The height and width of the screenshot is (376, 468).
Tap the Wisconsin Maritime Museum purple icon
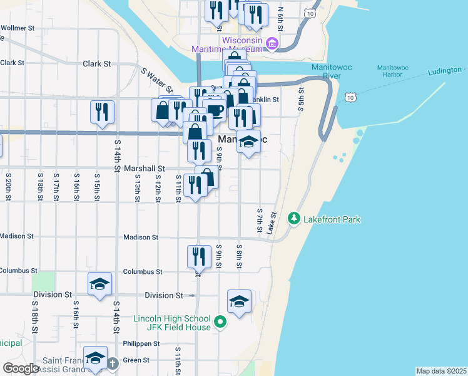click(272, 44)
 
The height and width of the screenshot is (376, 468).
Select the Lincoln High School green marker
click(220, 322)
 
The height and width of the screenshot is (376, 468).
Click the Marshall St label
click(144, 168)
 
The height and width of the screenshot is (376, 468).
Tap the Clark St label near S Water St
click(96, 63)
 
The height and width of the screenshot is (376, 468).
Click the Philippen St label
click(141, 343)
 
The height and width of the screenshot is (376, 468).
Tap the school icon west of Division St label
click(100, 284)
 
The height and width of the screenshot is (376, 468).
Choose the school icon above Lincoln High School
click(239, 301)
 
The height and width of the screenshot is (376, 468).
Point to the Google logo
click(21, 368)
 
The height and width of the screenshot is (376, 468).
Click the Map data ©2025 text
click(441, 371)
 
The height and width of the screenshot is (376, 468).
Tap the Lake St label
click(272, 222)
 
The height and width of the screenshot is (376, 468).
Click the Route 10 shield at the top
click(308, 13)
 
